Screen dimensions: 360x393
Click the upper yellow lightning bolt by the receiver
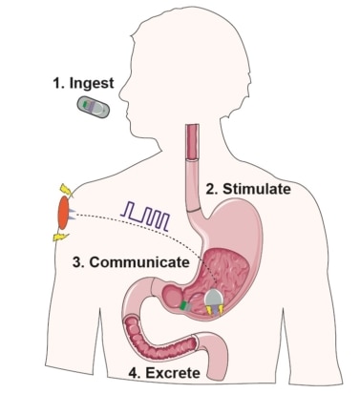(63, 186)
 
